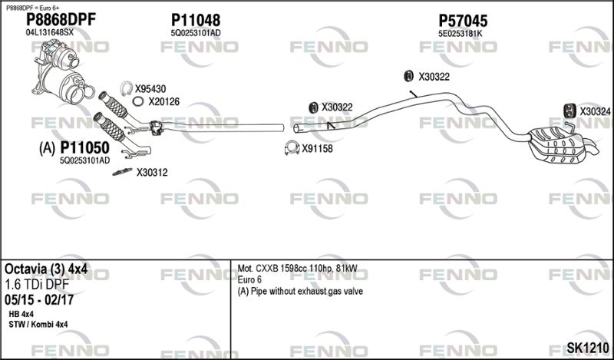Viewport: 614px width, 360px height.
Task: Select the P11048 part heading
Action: click(x=196, y=20)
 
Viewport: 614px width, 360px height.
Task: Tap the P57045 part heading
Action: click(x=463, y=21)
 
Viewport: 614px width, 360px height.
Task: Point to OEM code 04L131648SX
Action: click(x=49, y=33)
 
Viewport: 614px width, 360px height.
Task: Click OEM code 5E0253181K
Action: click(x=460, y=34)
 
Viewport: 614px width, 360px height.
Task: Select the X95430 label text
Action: click(x=150, y=89)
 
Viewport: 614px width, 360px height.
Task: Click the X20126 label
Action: click(x=163, y=101)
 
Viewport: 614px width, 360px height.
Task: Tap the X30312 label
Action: click(x=152, y=173)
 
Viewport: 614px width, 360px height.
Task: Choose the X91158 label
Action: click(x=317, y=149)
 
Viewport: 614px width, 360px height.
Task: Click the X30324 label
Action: click(x=595, y=112)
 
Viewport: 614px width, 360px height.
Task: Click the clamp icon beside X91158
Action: click(x=291, y=148)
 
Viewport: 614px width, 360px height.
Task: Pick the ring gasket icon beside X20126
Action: click(x=138, y=101)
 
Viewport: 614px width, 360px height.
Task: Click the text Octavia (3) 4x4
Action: click(x=45, y=270)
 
